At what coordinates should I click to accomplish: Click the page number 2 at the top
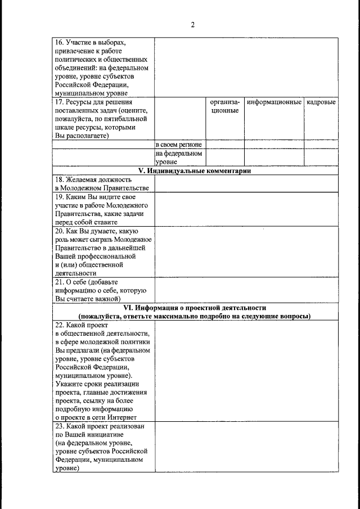pos(192,25)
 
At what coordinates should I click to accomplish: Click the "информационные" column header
pos(274,102)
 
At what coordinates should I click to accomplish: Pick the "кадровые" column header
pos(321,102)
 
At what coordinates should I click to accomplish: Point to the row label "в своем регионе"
pos(178,145)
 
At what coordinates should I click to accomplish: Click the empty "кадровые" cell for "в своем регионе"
pos(321,145)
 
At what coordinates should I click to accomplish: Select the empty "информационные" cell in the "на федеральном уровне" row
pos(274,157)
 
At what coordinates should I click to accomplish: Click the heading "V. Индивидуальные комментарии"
pos(195,171)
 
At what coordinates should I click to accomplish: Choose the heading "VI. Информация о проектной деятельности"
pos(195,308)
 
